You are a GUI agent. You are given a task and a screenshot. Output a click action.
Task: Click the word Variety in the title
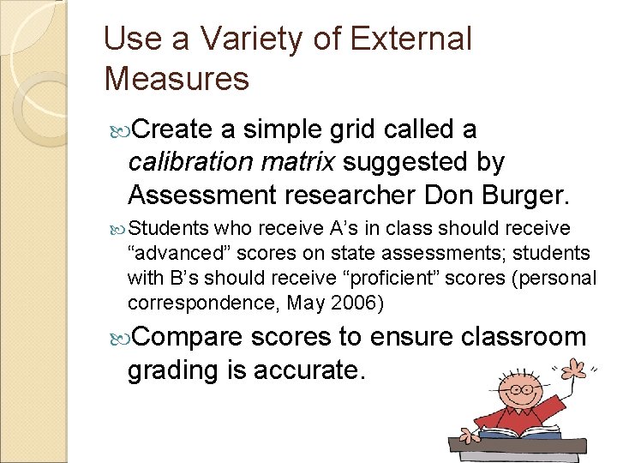242,39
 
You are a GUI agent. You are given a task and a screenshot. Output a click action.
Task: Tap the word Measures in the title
177,79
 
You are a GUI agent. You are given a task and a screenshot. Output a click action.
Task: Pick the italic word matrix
296,161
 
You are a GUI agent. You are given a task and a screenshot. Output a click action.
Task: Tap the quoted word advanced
180,254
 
